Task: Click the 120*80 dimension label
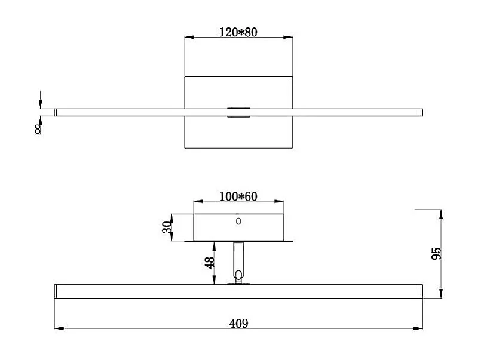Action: [238, 32]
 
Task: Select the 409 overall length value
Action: [238, 324]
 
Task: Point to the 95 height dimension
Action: [436, 253]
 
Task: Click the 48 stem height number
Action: [209, 263]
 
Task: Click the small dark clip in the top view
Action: [237, 112]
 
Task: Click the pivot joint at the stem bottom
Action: [239, 276]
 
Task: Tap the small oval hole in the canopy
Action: [238, 221]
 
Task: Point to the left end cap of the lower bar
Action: [56, 291]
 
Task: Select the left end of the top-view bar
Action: [55, 112]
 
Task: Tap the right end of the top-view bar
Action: [421, 112]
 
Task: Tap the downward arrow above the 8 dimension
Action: [40, 102]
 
